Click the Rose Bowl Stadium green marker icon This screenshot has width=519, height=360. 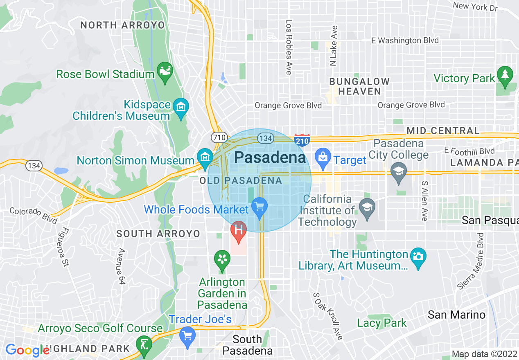point(165,72)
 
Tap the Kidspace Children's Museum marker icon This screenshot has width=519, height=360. point(181,107)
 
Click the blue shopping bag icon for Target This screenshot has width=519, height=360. point(323,157)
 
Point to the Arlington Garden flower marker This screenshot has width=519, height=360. point(222,259)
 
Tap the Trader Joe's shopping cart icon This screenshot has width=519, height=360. point(187,336)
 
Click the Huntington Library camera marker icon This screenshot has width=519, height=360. point(418,257)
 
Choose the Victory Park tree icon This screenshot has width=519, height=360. point(505,75)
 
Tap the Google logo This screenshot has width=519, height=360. point(27,350)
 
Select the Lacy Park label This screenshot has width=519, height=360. point(382,323)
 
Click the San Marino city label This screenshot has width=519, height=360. point(456,315)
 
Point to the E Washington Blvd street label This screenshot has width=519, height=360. point(404,40)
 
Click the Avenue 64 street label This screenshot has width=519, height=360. point(120,266)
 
